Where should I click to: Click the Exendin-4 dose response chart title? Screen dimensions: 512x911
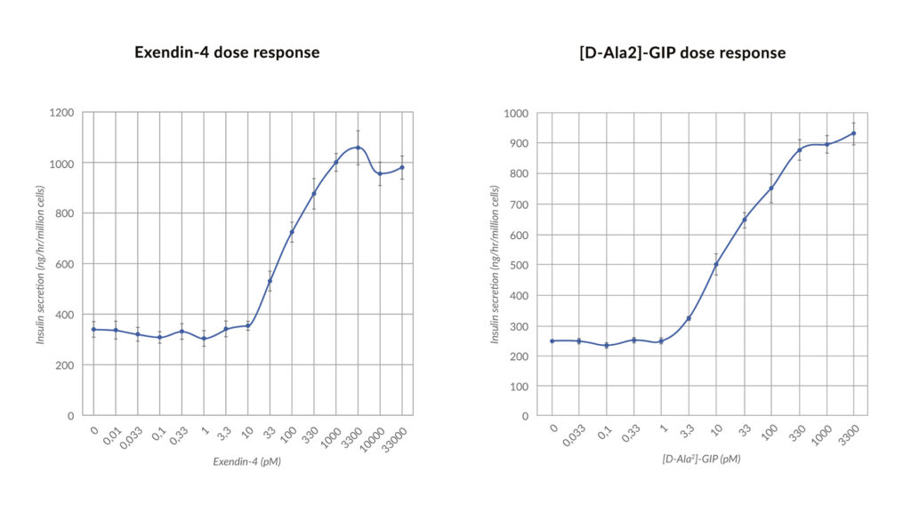pyautogui.click(x=227, y=52)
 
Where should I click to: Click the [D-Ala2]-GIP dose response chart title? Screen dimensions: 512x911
pyautogui.click(x=681, y=53)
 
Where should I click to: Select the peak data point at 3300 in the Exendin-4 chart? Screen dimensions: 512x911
pyautogui.click(x=358, y=148)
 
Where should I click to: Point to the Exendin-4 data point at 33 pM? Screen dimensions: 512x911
pyautogui.click(x=270, y=281)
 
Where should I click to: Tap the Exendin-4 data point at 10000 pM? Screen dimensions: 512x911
pyautogui.click(x=380, y=173)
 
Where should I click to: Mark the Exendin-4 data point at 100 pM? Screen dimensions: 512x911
pyautogui.click(x=292, y=232)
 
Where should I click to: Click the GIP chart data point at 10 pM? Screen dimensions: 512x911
pyautogui.click(x=716, y=264)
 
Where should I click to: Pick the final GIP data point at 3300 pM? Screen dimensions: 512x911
pyautogui.click(x=853, y=133)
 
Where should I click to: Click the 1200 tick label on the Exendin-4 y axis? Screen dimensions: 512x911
pyautogui.click(x=63, y=113)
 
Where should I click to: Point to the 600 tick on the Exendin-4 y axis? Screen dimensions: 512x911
pyautogui.click(x=67, y=264)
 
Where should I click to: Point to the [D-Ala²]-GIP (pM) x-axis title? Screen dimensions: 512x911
pyautogui.click(x=701, y=459)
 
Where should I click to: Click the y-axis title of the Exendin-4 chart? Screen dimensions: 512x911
pyautogui.click(x=41, y=264)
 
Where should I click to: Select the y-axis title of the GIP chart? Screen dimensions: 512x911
pyautogui.click(x=496, y=264)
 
